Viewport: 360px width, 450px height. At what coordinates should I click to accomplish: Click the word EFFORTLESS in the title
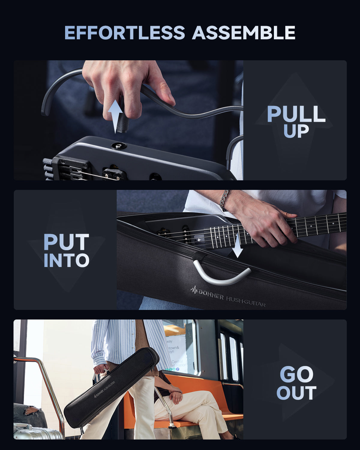(124, 33)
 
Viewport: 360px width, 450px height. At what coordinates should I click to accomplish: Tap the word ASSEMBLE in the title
(244, 33)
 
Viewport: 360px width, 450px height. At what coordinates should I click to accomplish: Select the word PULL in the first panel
(296, 114)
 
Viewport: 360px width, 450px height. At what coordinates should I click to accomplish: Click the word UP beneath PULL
(296, 131)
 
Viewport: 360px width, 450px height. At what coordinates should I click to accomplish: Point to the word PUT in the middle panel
(66, 242)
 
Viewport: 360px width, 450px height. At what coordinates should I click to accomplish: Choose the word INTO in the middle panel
(66, 260)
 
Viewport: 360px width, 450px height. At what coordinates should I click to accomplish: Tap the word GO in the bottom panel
(296, 374)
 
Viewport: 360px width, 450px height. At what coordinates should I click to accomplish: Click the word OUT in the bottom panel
(296, 393)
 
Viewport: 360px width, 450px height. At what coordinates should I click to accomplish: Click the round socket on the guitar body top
(119, 146)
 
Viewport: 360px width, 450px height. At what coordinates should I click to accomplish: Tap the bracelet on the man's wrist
(224, 200)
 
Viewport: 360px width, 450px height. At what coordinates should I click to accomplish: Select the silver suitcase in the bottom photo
(36, 432)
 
